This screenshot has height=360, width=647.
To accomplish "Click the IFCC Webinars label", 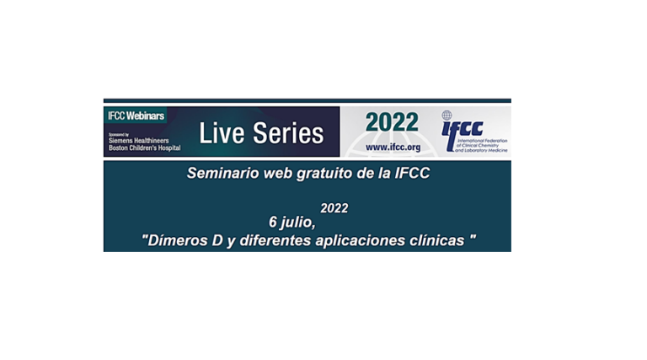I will point(136,115).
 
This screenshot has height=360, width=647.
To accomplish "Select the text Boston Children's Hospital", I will point(144,148).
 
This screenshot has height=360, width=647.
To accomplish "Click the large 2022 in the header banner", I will point(391,122).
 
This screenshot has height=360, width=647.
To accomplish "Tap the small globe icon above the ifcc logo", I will point(446,116).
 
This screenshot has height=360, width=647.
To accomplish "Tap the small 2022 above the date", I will point(334,208).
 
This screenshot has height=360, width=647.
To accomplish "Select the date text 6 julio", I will point(291,223).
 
